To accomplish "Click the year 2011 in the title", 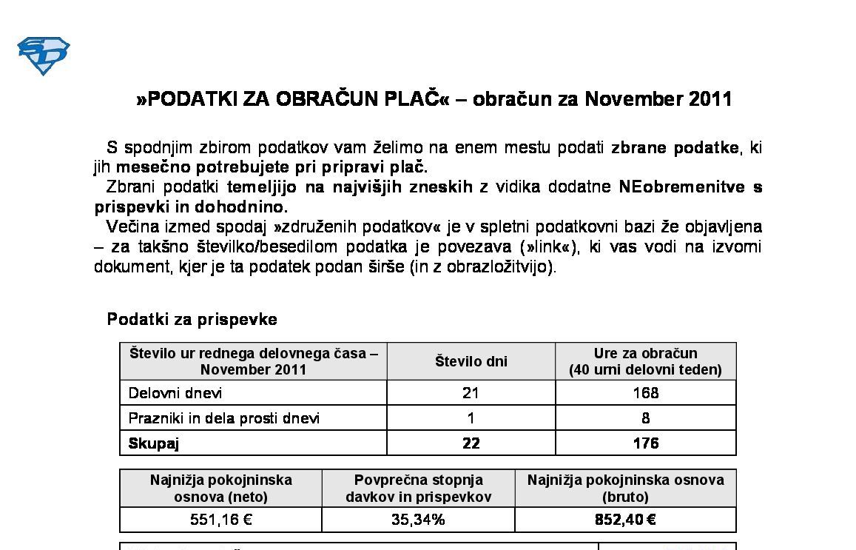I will click(710, 99).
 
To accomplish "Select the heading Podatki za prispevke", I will click(192, 320).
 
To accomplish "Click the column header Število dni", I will click(471, 361).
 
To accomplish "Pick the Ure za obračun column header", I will click(645, 361).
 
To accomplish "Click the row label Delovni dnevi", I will click(175, 393).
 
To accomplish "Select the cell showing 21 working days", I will click(471, 393).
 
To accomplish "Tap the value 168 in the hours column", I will click(645, 393).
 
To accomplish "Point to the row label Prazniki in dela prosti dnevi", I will click(224, 418).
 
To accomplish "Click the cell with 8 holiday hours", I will click(645, 418).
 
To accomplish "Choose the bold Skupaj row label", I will click(154, 443).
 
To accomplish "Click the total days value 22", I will click(471, 443).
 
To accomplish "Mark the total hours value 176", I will click(645, 443).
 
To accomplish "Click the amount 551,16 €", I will click(220, 520).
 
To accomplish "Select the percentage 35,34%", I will click(418, 520).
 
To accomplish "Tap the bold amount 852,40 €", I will click(625, 520).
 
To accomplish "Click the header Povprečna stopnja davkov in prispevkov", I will click(418, 489).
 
